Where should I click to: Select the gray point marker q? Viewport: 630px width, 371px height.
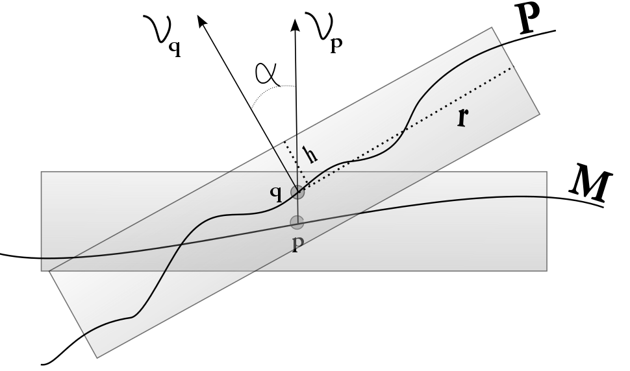(x=297, y=192)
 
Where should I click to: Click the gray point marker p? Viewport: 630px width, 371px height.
(x=297, y=222)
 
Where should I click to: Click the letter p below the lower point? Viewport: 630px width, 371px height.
(x=296, y=247)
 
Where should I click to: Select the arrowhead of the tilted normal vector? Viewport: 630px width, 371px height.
(x=202, y=21)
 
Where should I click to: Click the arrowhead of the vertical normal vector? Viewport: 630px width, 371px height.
(x=296, y=25)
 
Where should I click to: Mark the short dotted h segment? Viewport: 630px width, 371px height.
(x=291, y=165)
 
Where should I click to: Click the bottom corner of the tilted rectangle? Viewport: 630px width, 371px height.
(x=97, y=357)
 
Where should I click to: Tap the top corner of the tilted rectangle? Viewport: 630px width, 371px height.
(x=492, y=28)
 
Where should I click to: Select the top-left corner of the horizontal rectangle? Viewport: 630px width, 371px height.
(x=42, y=172)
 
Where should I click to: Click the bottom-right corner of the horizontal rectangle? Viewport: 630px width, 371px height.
(x=546, y=270)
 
